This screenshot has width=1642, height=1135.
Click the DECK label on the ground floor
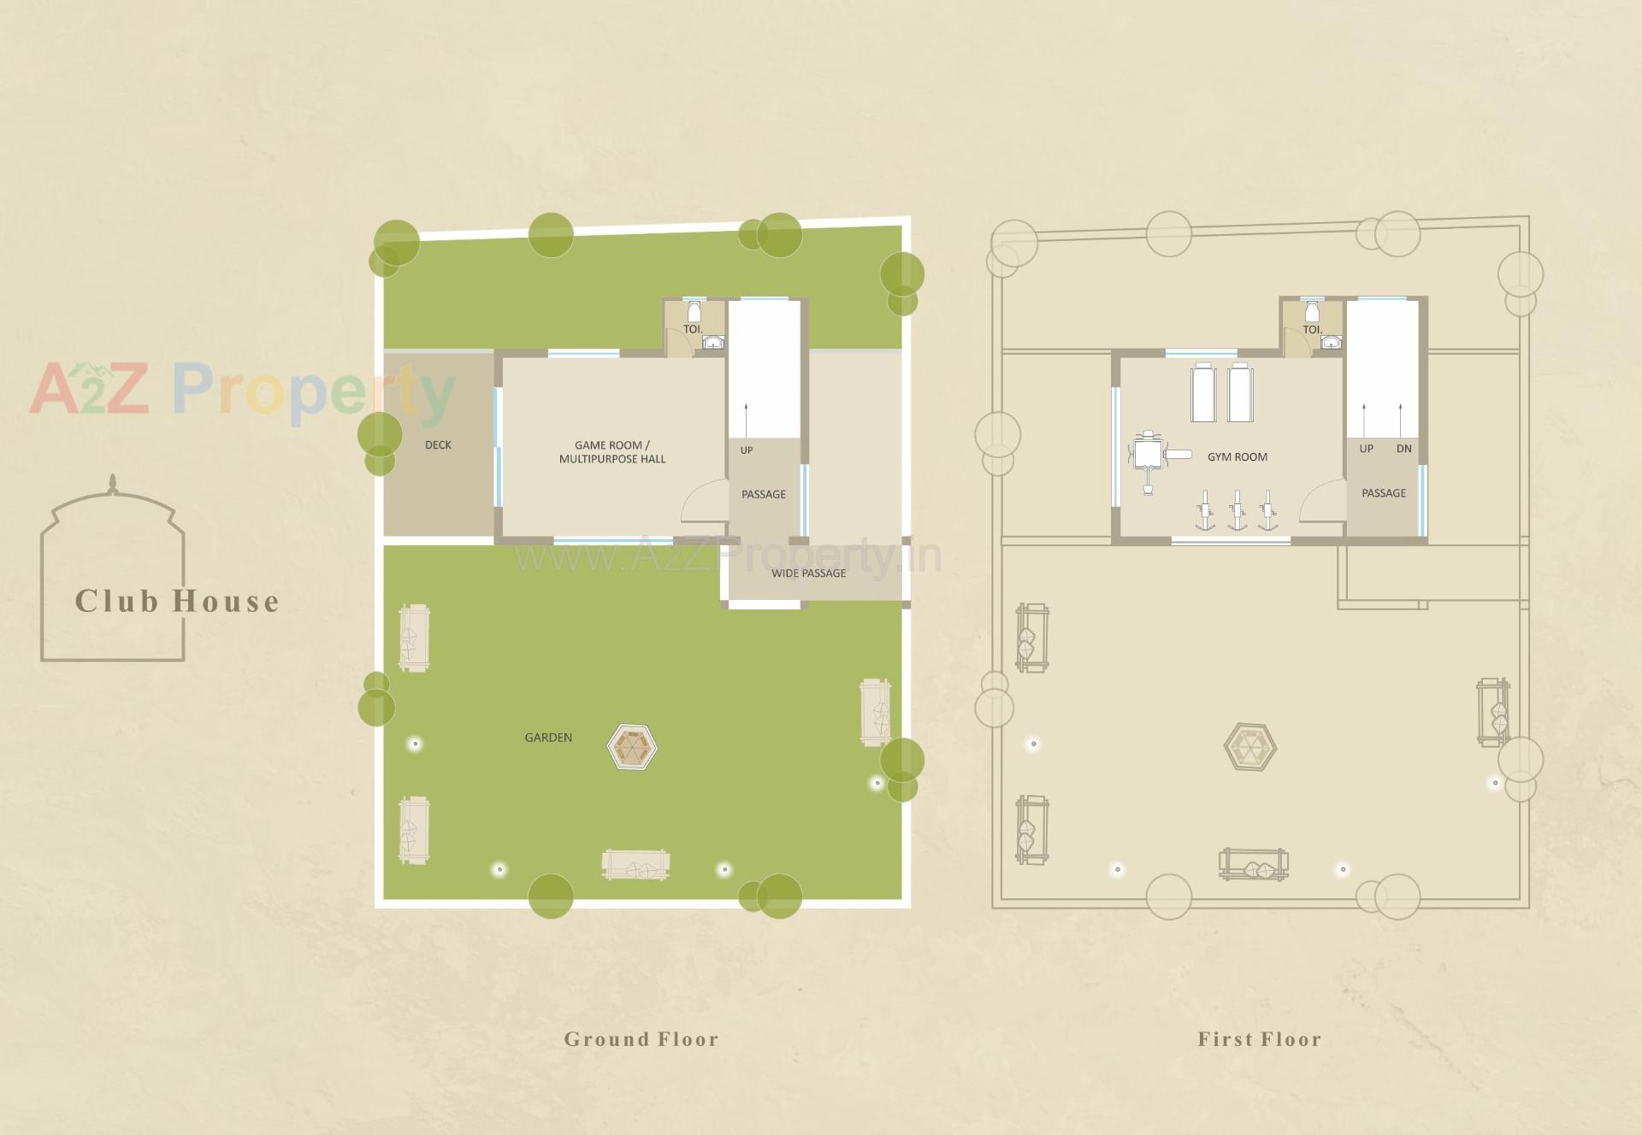[x=438, y=445]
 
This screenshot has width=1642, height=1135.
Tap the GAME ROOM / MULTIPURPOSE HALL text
[x=611, y=452]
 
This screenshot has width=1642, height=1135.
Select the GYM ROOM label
[x=1237, y=457]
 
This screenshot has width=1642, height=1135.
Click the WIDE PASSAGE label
[x=808, y=573]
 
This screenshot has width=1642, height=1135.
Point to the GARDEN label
[x=548, y=738]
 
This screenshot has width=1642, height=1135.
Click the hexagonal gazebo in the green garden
[x=632, y=747]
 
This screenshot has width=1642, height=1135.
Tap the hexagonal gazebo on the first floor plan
[x=1249, y=747]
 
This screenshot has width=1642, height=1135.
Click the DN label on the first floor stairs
[x=1403, y=449]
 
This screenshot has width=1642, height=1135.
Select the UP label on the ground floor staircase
[x=747, y=450]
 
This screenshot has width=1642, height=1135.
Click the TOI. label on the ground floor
[x=692, y=329]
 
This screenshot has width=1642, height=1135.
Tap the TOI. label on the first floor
[x=1312, y=329]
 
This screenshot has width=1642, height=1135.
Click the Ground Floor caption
[x=641, y=1039]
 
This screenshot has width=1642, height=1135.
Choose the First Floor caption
[x=1259, y=1039]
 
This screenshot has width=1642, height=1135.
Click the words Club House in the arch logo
[x=177, y=602]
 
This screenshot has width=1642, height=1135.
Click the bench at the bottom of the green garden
[x=635, y=865]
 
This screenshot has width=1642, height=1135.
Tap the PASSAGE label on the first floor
[x=1383, y=493]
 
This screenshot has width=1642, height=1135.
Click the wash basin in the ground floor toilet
[x=713, y=343]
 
